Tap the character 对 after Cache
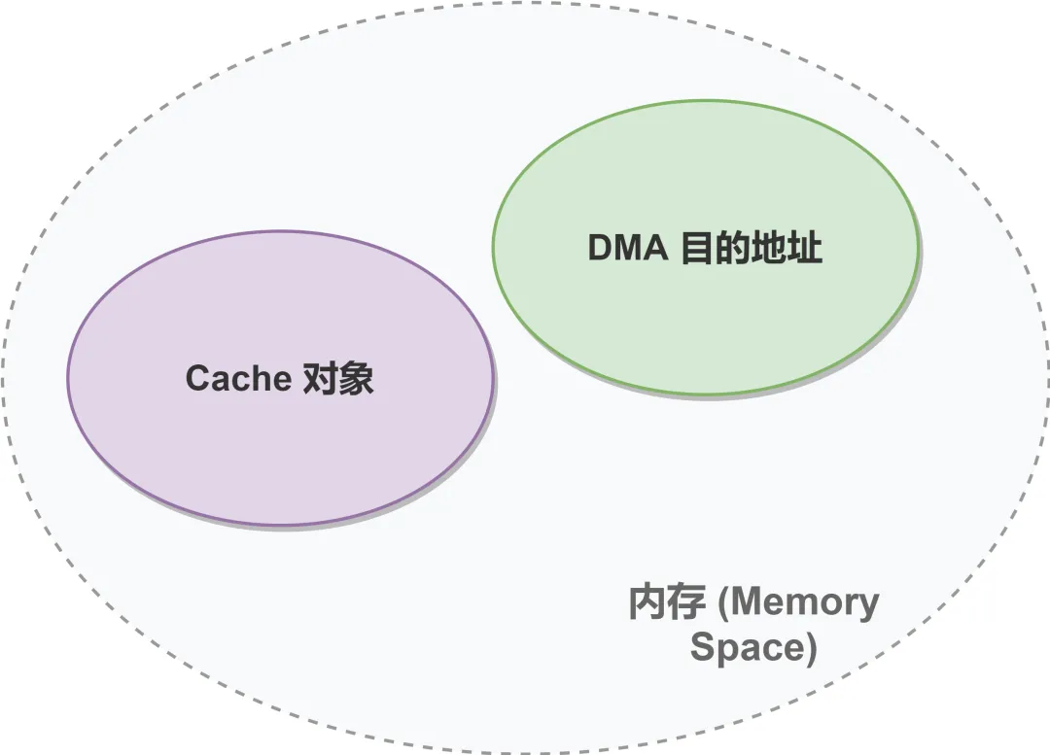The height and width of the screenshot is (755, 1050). tap(320, 377)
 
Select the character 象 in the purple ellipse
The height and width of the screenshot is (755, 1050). tap(357, 377)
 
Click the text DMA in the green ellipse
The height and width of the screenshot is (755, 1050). tap(628, 249)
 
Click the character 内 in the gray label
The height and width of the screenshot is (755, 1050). tap(647, 602)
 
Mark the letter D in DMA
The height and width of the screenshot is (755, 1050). tap(601, 249)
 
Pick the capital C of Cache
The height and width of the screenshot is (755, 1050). tap(198, 378)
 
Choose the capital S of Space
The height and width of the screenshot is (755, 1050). tap(701, 647)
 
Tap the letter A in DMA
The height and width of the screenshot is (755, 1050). tap(656, 249)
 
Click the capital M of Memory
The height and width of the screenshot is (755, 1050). tap(746, 603)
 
